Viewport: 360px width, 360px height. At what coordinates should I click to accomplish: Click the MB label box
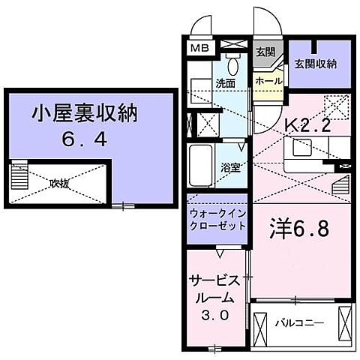[x=198, y=47]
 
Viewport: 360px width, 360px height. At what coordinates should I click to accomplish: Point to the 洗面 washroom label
[x=226, y=84]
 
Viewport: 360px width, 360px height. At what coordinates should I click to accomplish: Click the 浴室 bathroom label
[x=230, y=167]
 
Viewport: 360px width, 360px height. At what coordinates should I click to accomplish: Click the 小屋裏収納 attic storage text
[x=85, y=115]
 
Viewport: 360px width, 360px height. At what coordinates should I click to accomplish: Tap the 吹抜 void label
[x=60, y=181]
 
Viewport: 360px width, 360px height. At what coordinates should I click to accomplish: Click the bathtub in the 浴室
[x=202, y=167]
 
